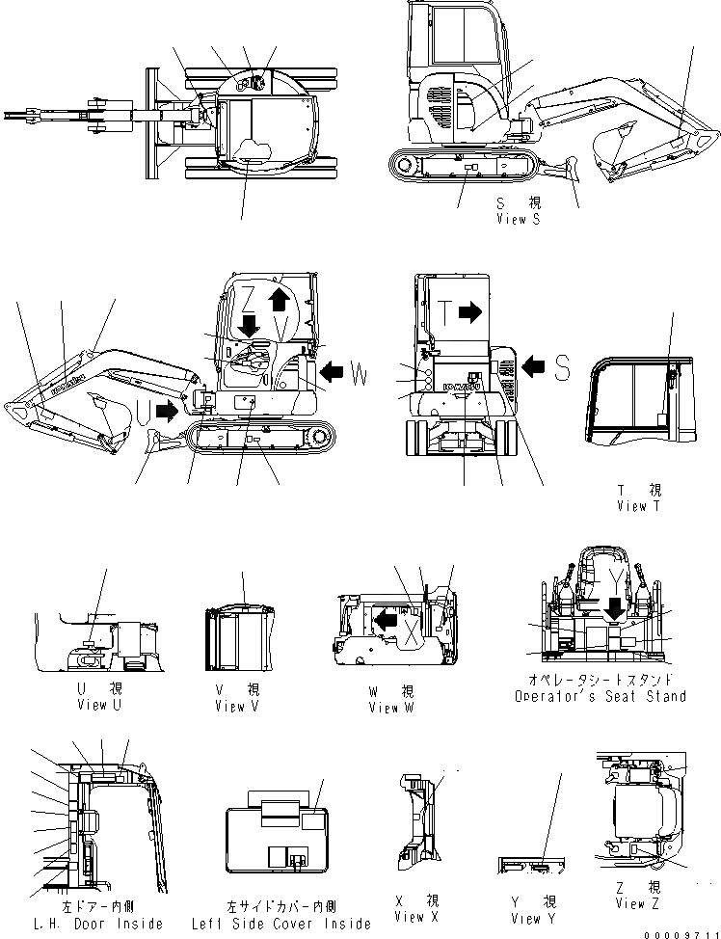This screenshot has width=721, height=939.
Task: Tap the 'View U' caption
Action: (x=100, y=705)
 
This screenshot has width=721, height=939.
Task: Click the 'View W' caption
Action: (x=390, y=708)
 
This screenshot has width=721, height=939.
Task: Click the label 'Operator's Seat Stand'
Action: (x=600, y=696)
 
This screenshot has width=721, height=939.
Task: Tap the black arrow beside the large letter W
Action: (x=332, y=370)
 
